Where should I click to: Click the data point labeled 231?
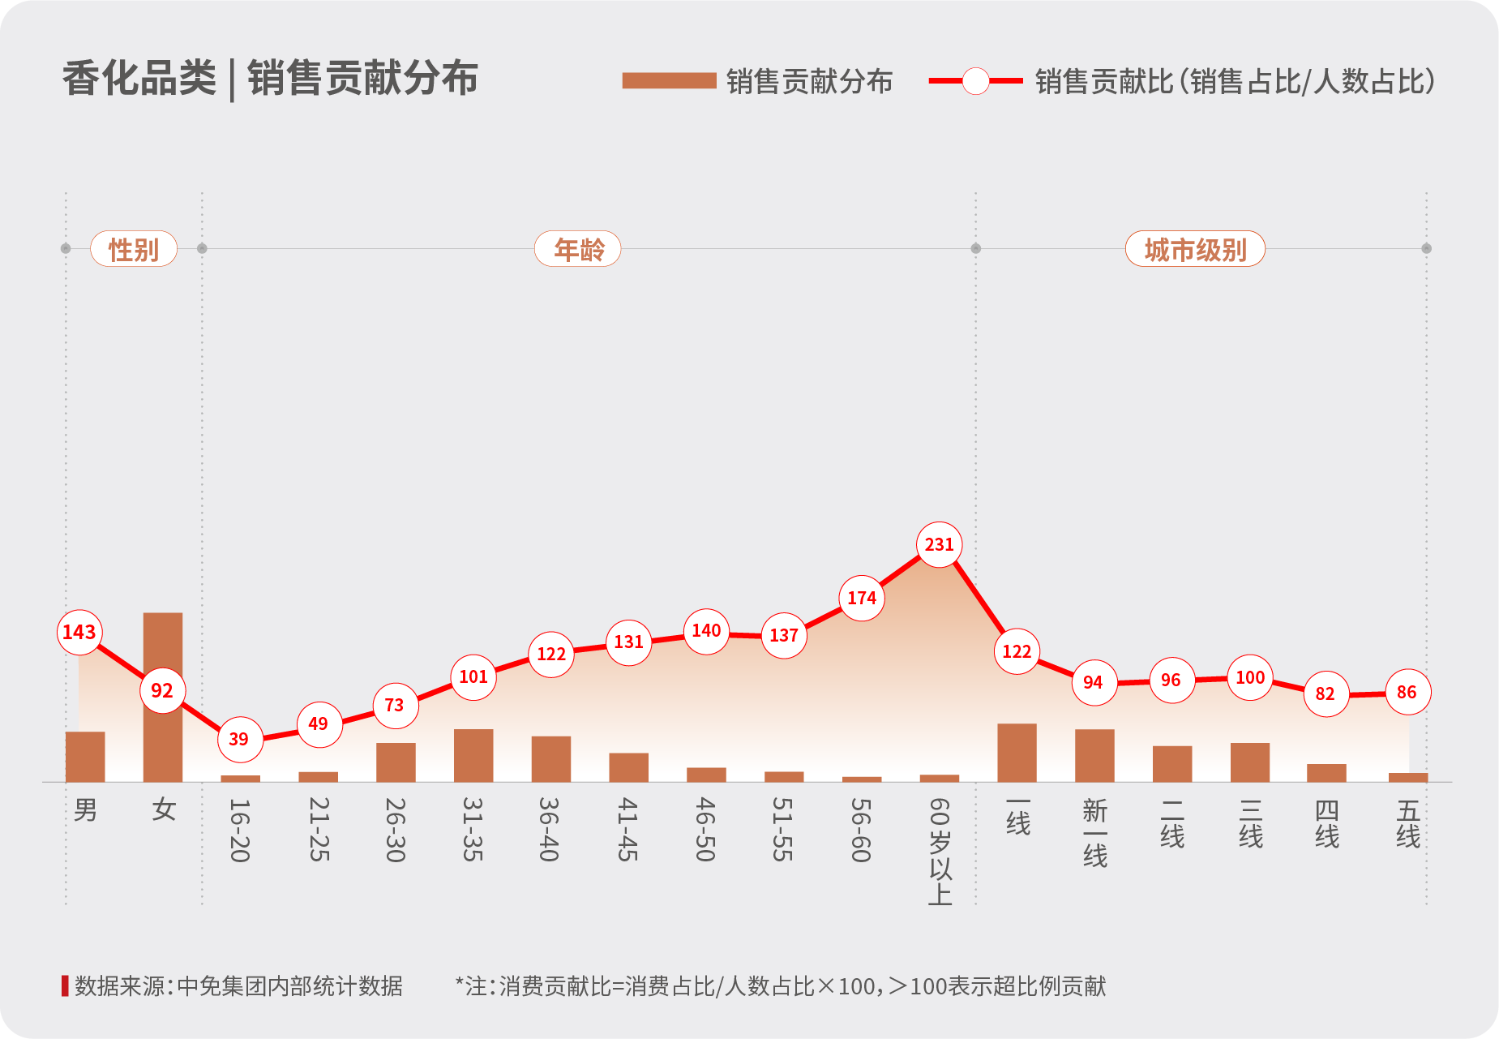click(939, 544)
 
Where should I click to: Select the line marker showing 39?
click(240, 739)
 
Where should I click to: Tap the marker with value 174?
click(861, 598)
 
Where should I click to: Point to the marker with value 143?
click(79, 632)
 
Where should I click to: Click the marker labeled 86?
click(1407, 692)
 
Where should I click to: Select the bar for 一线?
click(1017, 752)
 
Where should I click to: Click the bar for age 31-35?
click(473, 755)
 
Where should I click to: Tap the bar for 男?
click(85, 756)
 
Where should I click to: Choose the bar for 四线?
click(1326, 772)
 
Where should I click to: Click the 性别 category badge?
click(134, 249)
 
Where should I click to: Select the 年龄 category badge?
click(578, 249)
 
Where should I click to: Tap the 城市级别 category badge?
click(1195, 249)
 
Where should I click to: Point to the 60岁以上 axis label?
click(940, 851)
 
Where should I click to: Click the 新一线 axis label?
click(1094, 833)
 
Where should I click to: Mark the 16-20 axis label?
click(240, 830)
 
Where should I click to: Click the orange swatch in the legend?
click(669, 80)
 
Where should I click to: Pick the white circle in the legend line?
click(975, 80)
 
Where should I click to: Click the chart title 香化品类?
click(139, 79)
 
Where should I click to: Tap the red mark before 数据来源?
click(65, 985)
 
